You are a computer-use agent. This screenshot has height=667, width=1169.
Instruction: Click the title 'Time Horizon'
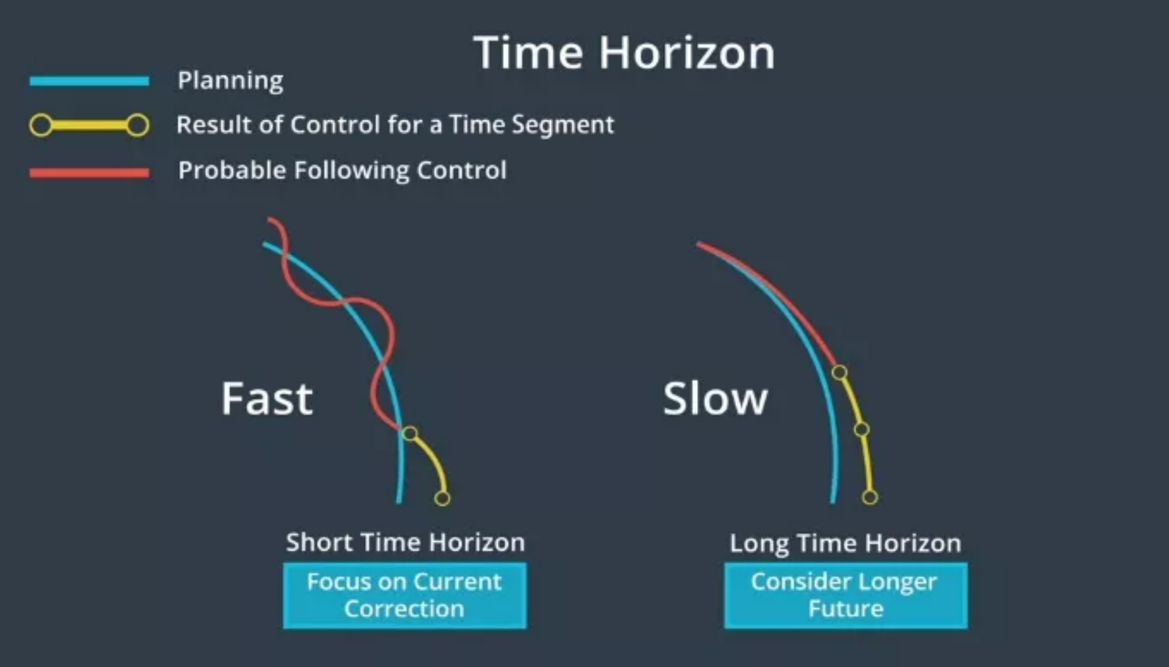[x=624, y=53]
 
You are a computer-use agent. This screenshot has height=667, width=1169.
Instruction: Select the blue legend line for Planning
[x=89, y=81]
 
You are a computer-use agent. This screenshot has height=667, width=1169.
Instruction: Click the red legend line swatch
[x=89, y=173]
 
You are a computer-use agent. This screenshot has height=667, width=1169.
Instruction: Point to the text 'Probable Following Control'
[x=342, y=171]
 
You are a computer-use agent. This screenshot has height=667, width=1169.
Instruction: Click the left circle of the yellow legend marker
[x=41, y=125]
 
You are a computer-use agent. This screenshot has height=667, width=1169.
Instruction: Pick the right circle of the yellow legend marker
[x=138, y=125]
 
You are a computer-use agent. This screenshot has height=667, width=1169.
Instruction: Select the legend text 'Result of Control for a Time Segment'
[x=395, y=125]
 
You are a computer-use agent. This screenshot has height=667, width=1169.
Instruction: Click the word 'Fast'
[x=266, y=399]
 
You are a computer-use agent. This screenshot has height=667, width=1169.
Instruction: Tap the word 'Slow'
[x=715, y=399]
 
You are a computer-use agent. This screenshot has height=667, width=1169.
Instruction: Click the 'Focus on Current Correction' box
[x=405, y=595]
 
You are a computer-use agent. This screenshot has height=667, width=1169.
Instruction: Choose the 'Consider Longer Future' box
[x=845, y=595]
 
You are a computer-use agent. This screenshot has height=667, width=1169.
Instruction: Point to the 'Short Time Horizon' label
[x=405, y=542]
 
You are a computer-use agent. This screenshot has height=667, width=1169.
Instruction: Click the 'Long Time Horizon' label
[x=845, y=544]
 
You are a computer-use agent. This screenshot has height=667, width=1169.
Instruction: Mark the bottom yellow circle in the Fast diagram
[x=442, y=498]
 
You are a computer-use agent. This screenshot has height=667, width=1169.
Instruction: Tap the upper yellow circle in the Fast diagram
[x=410, y=433]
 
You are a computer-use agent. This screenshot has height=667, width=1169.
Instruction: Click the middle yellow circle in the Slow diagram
[x=861, y=430]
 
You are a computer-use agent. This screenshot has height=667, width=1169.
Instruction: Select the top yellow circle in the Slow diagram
[x=839, y=372]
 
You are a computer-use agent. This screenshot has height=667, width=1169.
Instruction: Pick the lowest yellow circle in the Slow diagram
[x=870, y=497]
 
